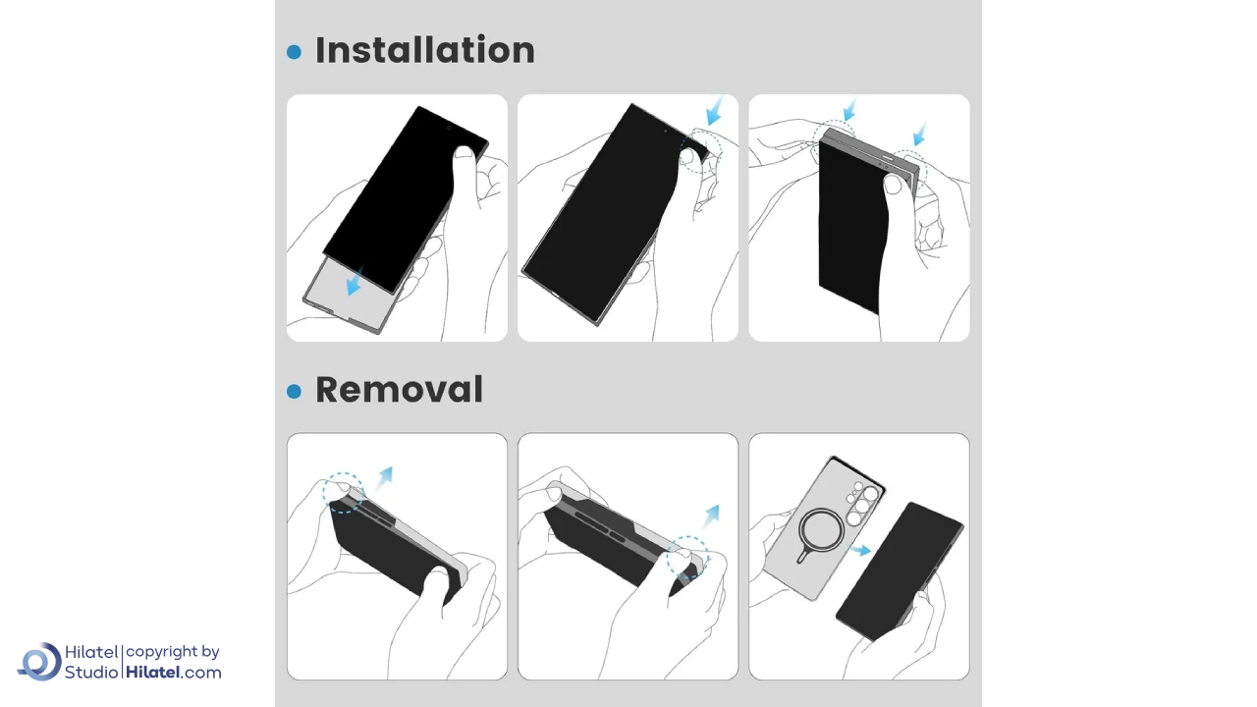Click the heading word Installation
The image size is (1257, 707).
pyautogui.click(x=425, y=50)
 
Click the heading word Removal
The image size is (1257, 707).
pyautogui.click(x=399, y=390)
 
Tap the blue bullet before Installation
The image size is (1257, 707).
pyautogui.click(x=294, y=52)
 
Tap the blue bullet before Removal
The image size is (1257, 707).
pyautogui.click(x=294, y=391)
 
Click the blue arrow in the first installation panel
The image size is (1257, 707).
pyautogui.click(x=355, y=281)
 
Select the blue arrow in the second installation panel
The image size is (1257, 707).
pyautogui.click(x=714, y=111)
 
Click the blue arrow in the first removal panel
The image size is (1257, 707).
pyautogui.click(x=385, y=477)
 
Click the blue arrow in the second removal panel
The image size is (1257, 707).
pyautogui.click(x=711, y=517)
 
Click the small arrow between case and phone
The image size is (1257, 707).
pyautogui.click(x=860, y=550)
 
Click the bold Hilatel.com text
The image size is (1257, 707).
pyautogui.click(x=174, y=673)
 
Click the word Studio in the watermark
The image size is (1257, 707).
pyautogui.click(x=91, y=673)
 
